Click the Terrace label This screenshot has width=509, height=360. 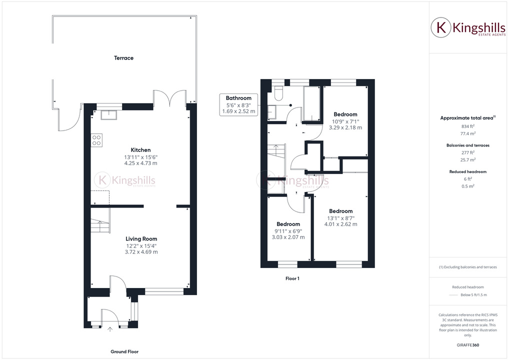pos(123,58)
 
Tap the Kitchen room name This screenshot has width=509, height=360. pos(140,150)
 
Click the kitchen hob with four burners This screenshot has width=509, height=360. pos(96,140)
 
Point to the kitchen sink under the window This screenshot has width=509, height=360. pos(108,115)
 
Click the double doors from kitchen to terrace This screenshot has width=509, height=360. pos(170,99)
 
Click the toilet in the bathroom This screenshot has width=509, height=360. pos(279,93)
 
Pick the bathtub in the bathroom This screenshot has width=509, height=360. pos(311,104)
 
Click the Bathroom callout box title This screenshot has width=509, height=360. pos(238,98)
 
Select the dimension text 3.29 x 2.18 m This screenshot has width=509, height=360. pos(345,127)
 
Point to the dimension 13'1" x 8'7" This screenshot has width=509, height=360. pos(340,218)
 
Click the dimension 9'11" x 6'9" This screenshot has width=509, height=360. pos(288,231)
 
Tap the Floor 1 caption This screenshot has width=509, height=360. pos(292,278)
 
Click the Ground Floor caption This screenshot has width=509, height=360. pos(124,351)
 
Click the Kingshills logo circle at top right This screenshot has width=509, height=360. pos(441,28)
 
